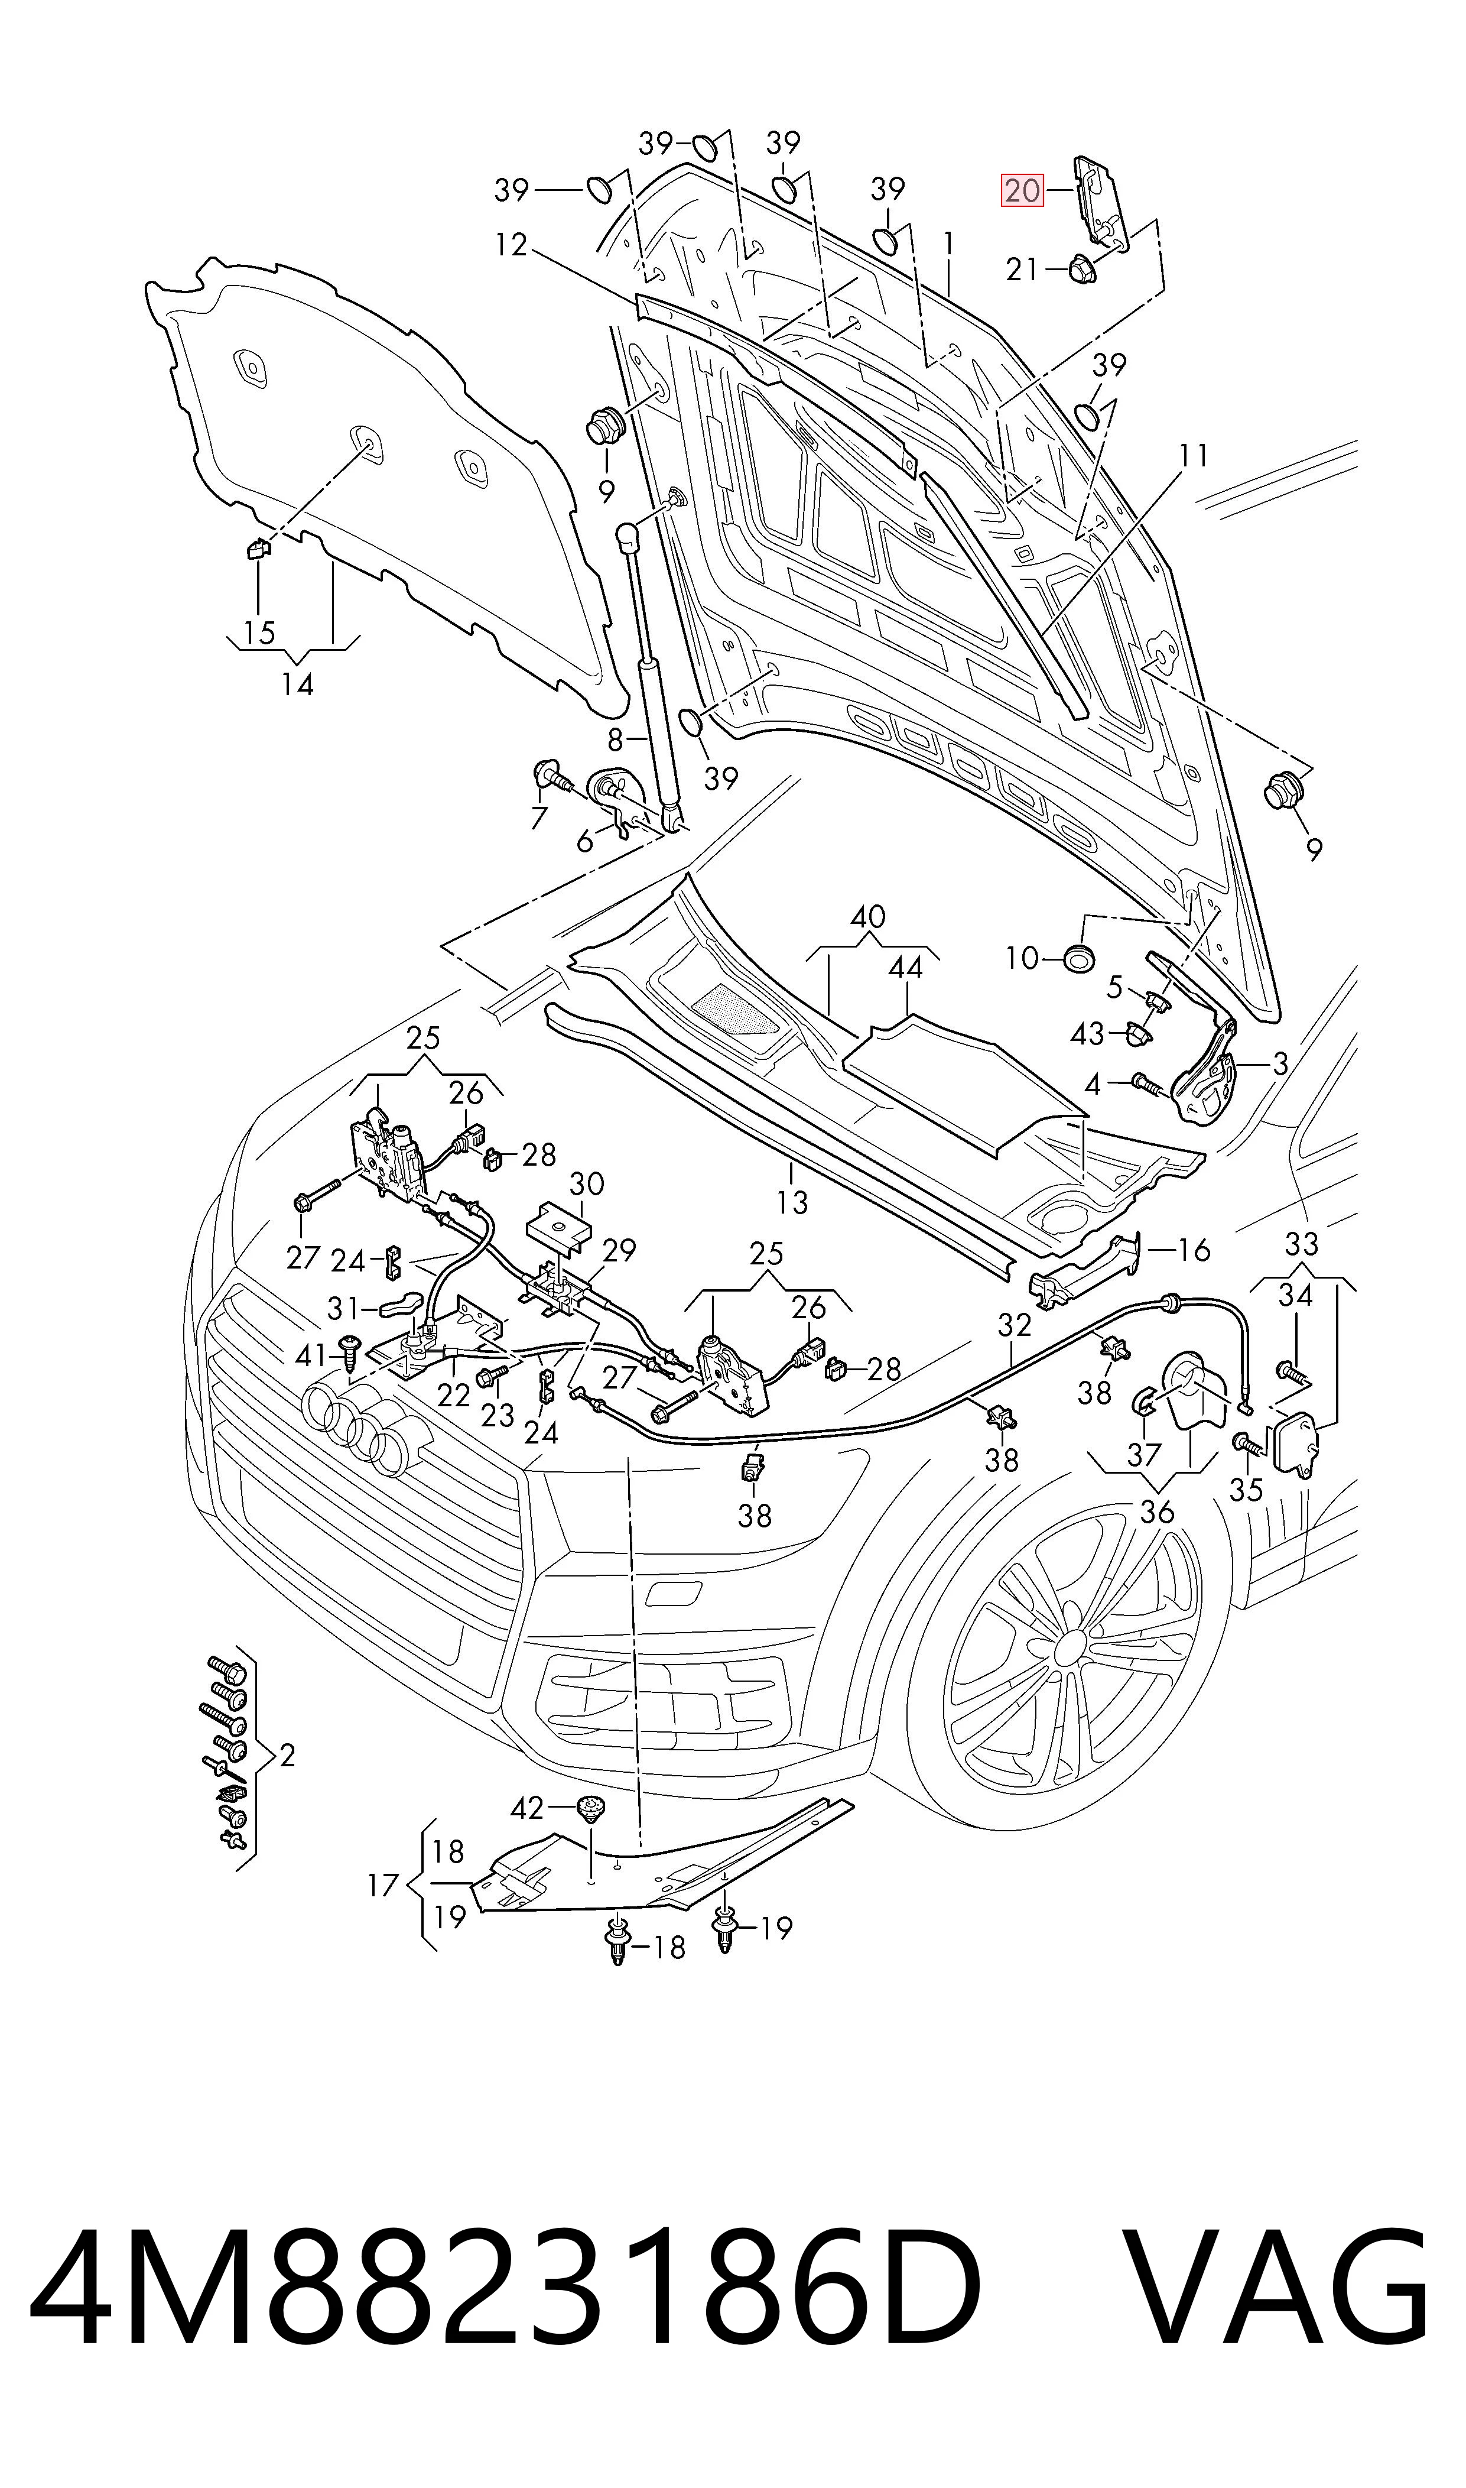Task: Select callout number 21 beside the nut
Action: pyautogui.click(x=1022, y=269)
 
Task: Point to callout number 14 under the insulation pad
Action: pyautogui.click(x=297, y=684)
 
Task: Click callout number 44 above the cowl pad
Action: pyautogui.click(x=905, y=967)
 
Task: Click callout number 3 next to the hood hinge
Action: pyautogui.click(x=1280, y=1064)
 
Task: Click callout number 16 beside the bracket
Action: pyautogui.click(x=1194, y=1250)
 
